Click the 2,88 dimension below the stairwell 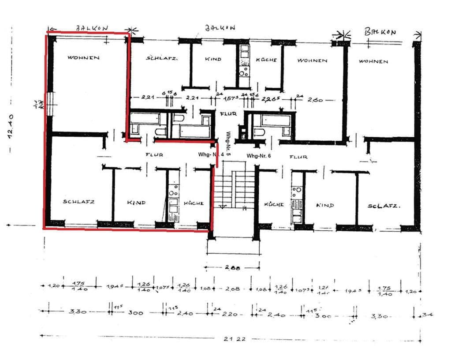click(x=232, y=267)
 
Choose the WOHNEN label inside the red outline click(x=83, y=58)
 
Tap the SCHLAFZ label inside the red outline click(x=78, y=202)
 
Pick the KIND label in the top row click(x=213, y=59)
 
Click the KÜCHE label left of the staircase click(x=194, y=203)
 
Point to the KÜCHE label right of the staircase click(x=273, y=204)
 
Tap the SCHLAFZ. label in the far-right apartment click(x=384, y=206)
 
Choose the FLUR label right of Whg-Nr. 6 click(x=298, y=157)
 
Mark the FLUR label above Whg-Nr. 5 click(x=228, y=114)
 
